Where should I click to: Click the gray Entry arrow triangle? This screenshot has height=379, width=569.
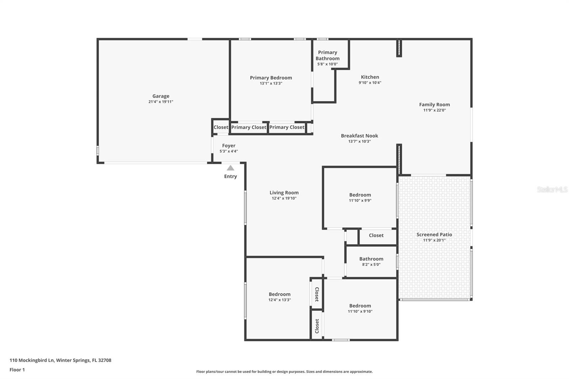click(230, 168)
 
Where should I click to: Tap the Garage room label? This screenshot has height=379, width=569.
click(161, 96)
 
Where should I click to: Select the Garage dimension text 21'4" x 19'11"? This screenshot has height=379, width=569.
click(161, 102)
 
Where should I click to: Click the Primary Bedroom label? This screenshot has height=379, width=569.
click(271, 78)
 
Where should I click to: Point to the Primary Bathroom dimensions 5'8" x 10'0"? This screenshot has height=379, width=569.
click(327, 64)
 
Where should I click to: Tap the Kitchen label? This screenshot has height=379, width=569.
click(370, 77)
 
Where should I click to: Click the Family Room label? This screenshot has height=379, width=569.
click(434, 105)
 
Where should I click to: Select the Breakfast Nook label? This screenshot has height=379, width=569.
click(359, 135)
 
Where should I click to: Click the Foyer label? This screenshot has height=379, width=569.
click(229, 145)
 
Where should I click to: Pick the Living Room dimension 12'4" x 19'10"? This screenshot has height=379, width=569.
click(284, 198)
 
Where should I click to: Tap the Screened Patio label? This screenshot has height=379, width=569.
click(434, 234)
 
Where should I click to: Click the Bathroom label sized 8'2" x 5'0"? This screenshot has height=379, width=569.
click(371, 259)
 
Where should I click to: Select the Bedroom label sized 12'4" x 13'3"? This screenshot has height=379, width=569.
click(280, 294)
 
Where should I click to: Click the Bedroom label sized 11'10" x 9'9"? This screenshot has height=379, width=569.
click(360, 195)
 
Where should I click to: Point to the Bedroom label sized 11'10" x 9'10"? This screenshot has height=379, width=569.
click(360, 306)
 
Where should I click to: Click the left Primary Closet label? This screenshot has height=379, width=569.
click(249, 127)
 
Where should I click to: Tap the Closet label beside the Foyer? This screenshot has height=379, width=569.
click(220, 127)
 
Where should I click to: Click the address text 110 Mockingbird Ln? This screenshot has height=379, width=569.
click(32, 360)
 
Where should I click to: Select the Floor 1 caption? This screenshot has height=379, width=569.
click(17, 370)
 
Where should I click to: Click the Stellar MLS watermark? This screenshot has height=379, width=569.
click(552, 189)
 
